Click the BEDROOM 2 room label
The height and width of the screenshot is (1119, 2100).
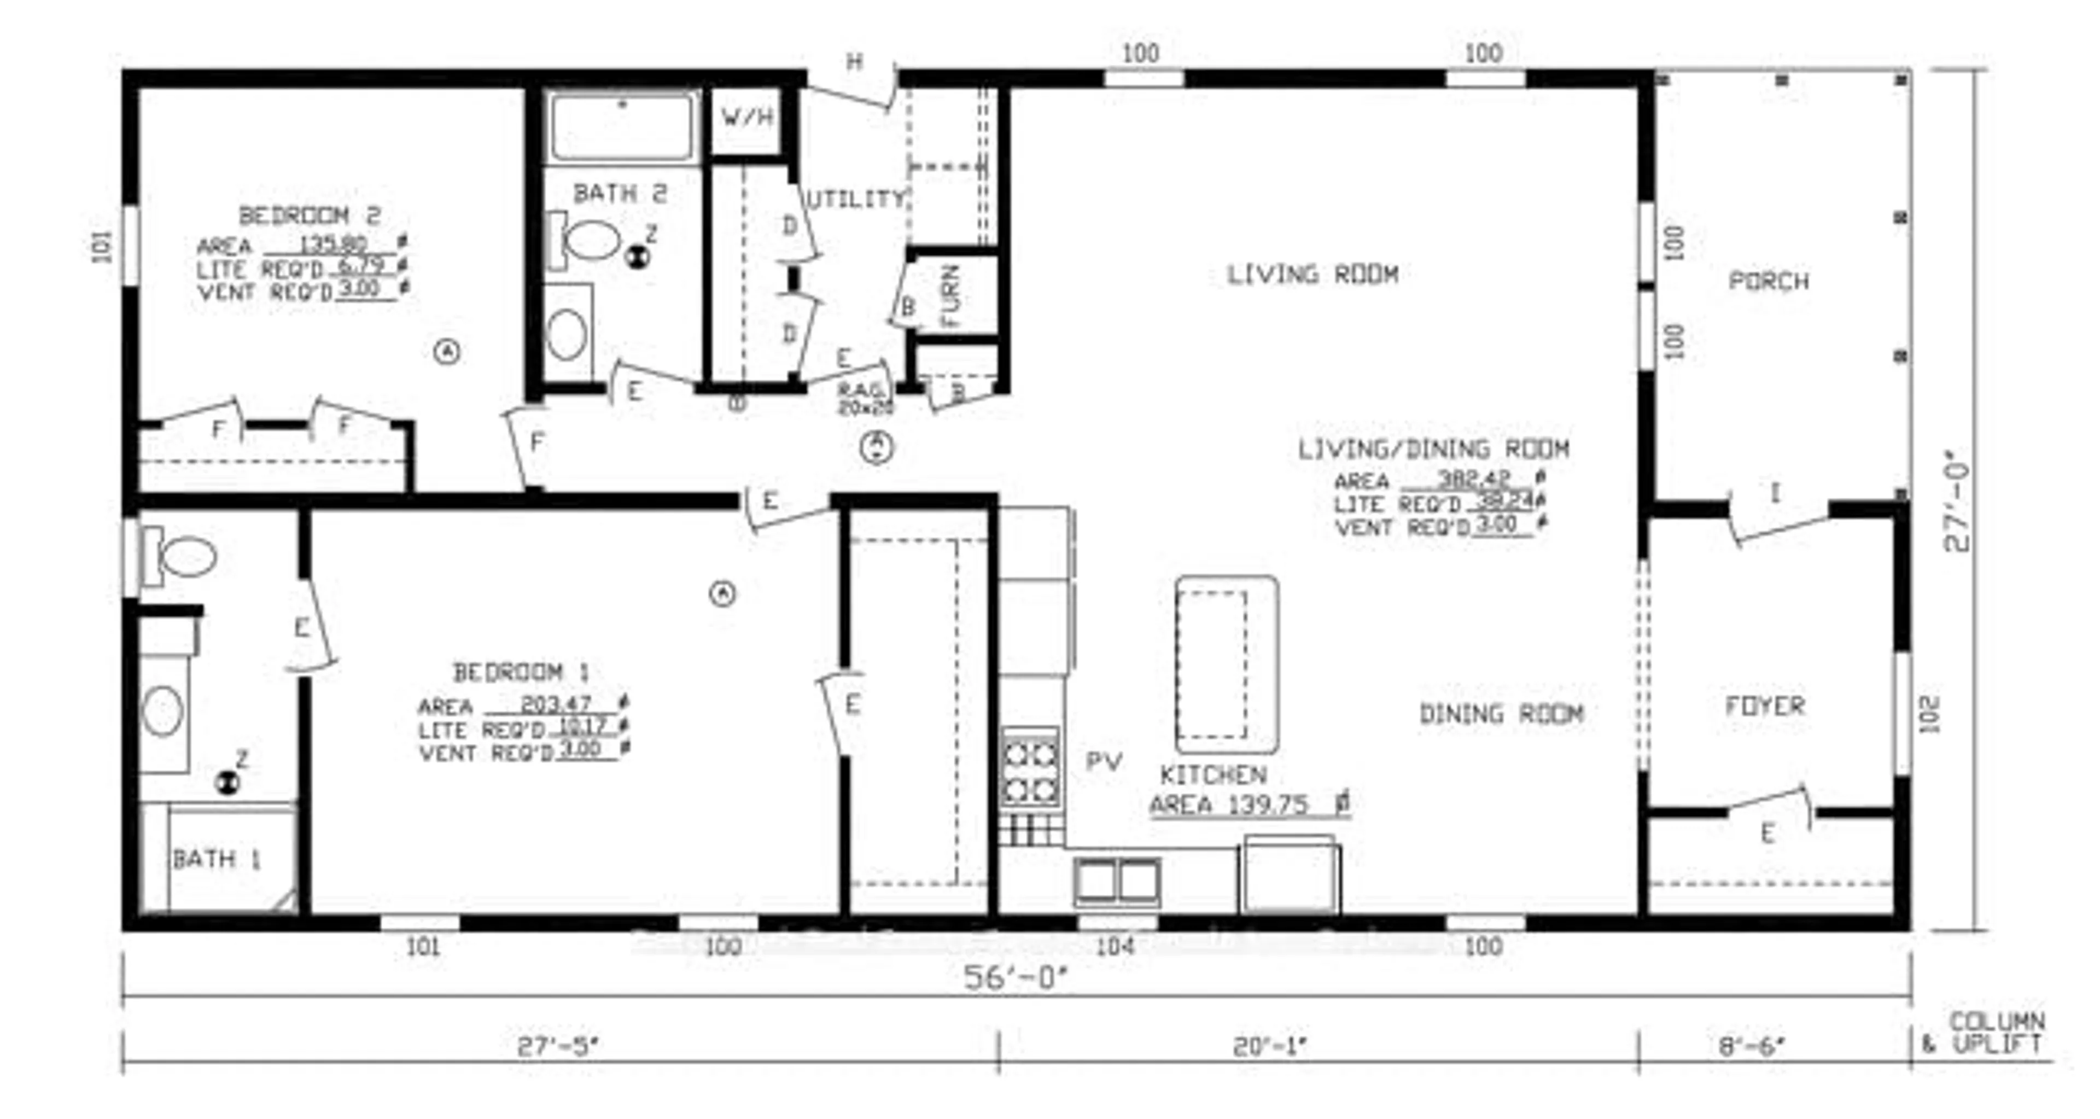tap(310, 216)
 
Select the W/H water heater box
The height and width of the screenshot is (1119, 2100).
tap(746, 118)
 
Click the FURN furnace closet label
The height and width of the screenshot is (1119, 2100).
tap(950, 295)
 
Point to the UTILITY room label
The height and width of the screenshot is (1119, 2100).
tap(856, 200)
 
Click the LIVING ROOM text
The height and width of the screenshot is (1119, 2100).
tap(1312, 275)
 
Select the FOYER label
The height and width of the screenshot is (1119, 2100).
tap(1765, 706)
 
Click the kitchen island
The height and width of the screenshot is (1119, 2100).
tap(1225, 664)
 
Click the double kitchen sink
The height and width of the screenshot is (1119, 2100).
tap(1116, 882)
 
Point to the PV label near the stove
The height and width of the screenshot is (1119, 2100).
tap(1104, 762)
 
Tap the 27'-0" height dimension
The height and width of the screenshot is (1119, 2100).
tap(1957, 505)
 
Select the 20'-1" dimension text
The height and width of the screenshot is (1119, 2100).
tap(1270, 1046)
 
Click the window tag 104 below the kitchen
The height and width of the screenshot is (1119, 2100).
tap(1115, 946)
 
